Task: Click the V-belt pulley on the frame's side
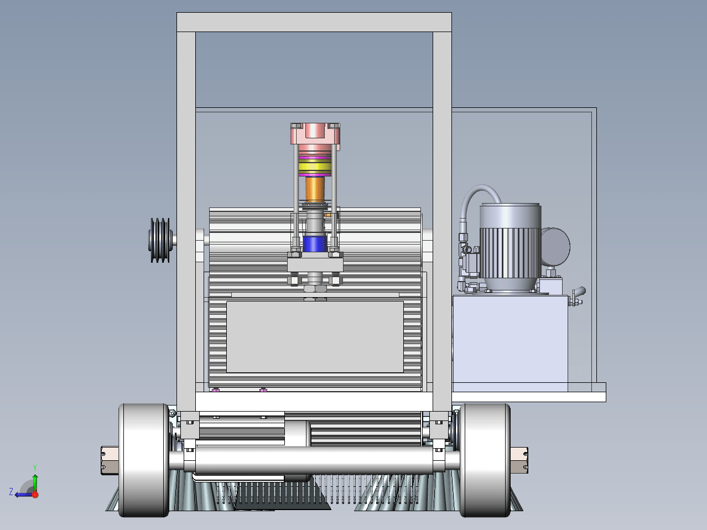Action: (159, 240)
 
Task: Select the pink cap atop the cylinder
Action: (315, 133)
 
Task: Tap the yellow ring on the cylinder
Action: (315, 167)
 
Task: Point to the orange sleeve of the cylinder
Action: (315, 189)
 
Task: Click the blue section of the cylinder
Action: (315, 244)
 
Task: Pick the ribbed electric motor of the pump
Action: (510, 247)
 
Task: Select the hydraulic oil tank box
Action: (510, 343)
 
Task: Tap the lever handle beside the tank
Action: (578, 295)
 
